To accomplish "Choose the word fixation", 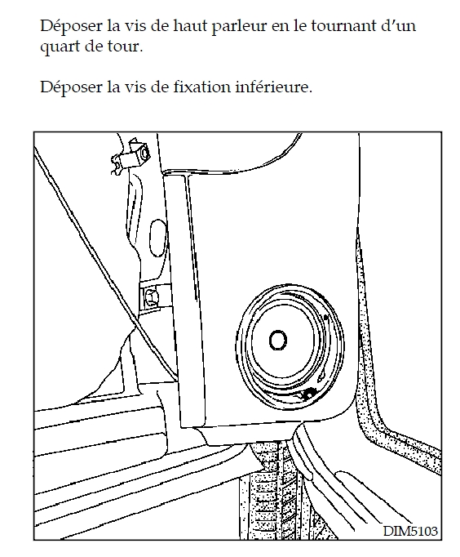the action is click(202, 87).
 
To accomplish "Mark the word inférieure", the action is click(274, 87).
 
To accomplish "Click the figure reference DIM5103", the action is click(410, 531).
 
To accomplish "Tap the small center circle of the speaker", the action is click(277, 340).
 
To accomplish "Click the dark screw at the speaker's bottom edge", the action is click(308, 394).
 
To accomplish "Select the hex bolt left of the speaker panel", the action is click(151, 297).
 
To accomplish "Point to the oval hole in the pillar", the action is click(158, 238).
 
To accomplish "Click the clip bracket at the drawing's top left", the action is click(130, 156).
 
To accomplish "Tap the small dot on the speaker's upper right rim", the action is click(325, 317).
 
